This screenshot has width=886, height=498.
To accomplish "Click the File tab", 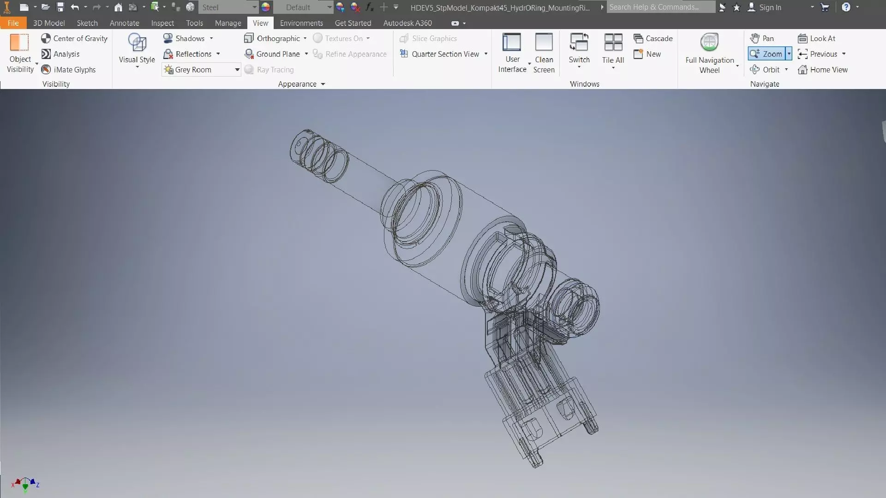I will [x=13, y=23].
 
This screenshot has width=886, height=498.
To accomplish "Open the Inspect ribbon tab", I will [x=162, y=23].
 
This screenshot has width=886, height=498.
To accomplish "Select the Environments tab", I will [x=301, y=23].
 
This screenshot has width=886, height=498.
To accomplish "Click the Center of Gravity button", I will [x=74, y=38].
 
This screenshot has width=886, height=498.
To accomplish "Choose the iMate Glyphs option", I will [x=69, y=70].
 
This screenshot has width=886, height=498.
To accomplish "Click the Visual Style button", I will [x=137, y=48].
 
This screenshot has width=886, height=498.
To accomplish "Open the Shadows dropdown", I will [x=211, y=38].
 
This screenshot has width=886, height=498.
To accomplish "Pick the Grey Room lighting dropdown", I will [x=202, y=70].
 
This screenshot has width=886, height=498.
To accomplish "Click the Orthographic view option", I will [x=275, y=38].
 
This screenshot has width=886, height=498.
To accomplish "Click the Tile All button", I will [x=613, y=48].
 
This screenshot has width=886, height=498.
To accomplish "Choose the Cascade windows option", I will [x=653, y=38].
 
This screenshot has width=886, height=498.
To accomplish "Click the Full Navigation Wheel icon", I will [x=709, y=43].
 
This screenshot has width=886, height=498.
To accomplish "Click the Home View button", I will [x=823, y=70].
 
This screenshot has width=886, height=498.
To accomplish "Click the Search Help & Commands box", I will [x=660, y=7].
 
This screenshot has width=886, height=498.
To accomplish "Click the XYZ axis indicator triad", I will [x=25, y=484].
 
